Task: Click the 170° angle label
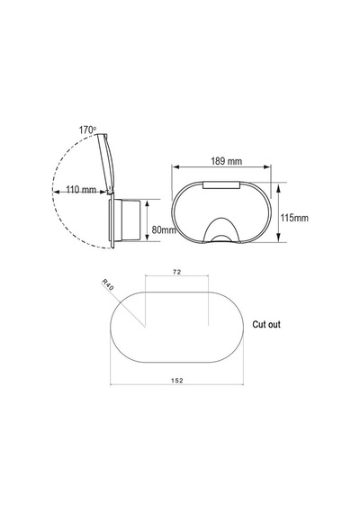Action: coord(87,130)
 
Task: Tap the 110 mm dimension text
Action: coord(81,190)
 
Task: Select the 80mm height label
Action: coord(164,229)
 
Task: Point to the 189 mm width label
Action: coord(227,161)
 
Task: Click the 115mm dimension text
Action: coord(294,218)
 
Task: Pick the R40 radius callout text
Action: coord(108,284)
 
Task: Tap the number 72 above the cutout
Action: coord(177,272)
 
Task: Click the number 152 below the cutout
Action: coord(177,381)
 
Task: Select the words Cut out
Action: coord(266,325)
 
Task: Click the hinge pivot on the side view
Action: coord(111,191)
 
